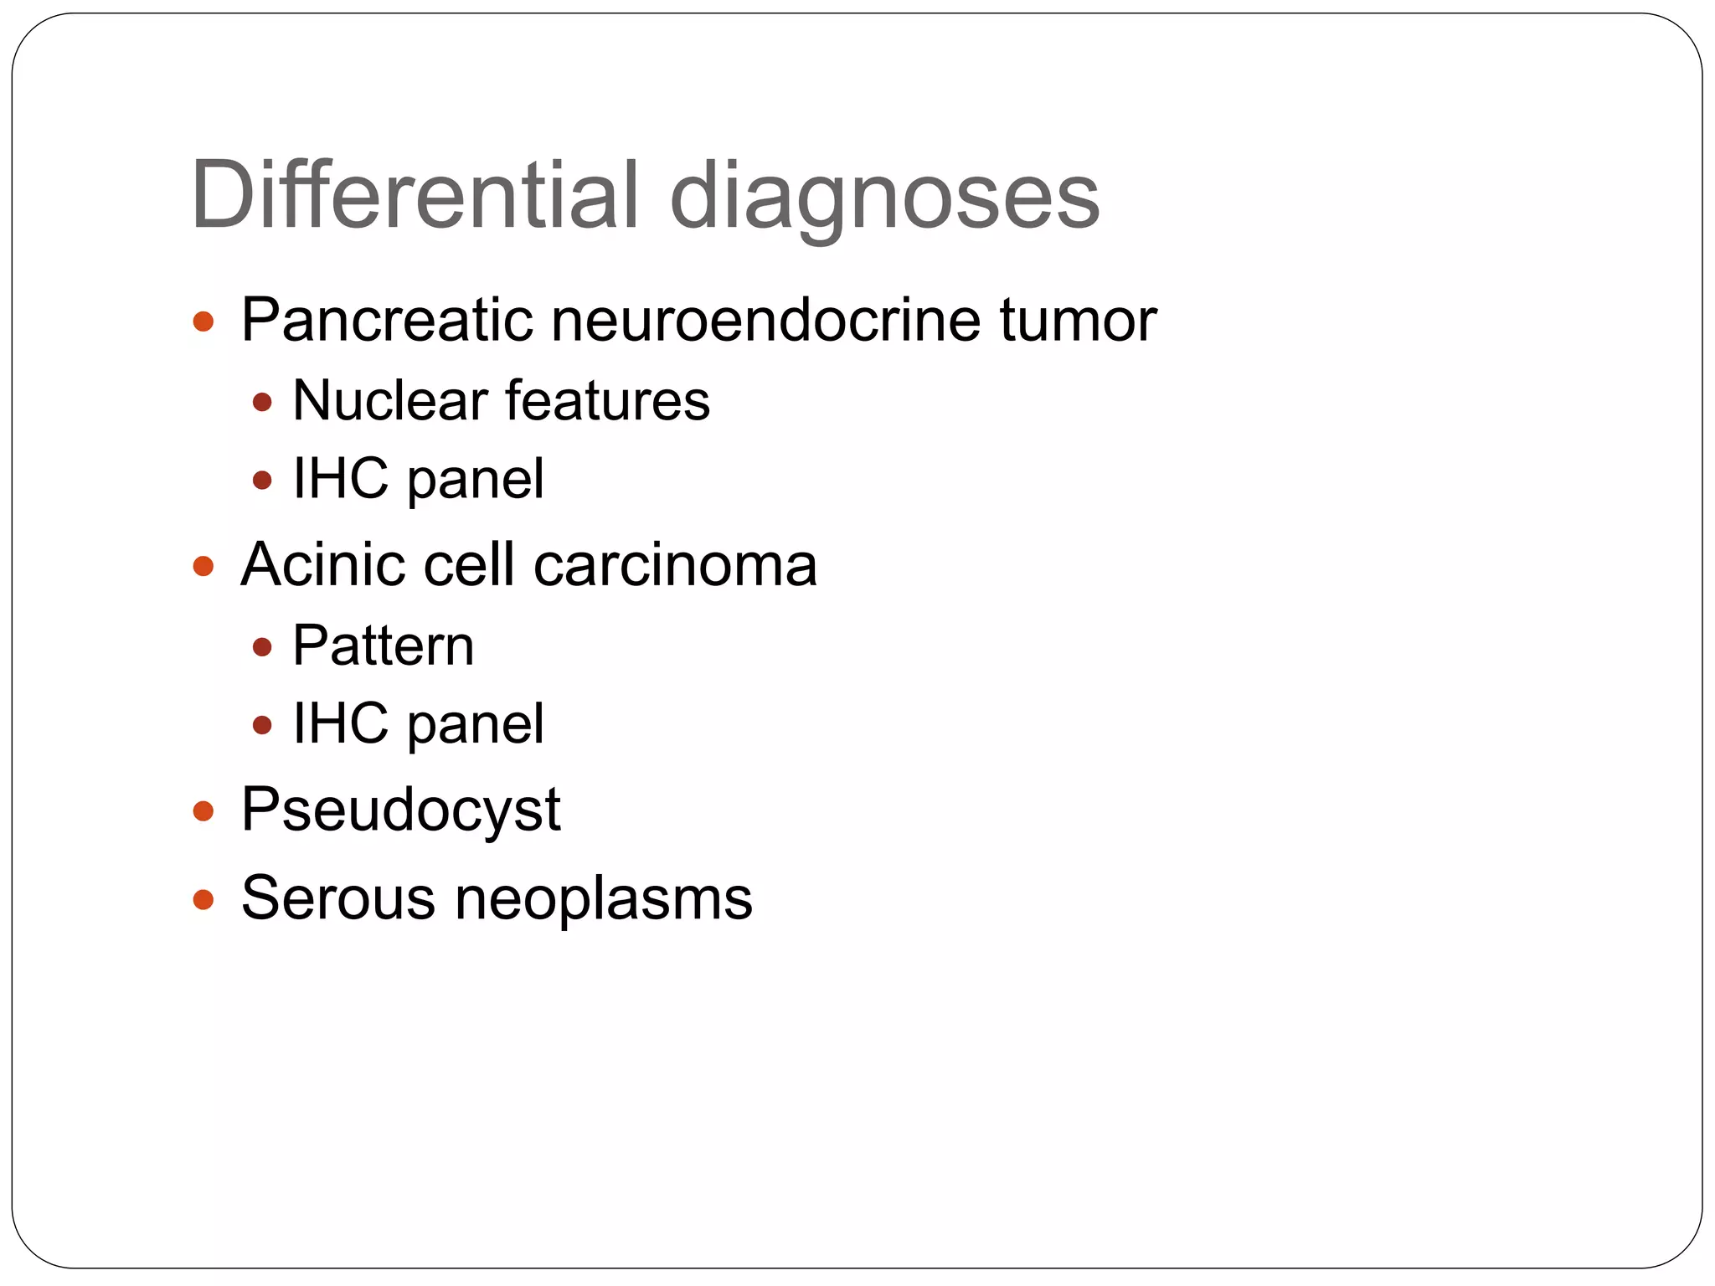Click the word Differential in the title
coord(415,196)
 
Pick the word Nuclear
coord(389,400)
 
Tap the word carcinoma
coord(675,564)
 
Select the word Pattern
coord(384,646)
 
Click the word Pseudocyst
coord(400,810)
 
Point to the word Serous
coord(337,898)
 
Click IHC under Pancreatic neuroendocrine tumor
coord(340,479)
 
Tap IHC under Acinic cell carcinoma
coord(340,723)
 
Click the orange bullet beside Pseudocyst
coord(203,810)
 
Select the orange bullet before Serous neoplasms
coord(203,899)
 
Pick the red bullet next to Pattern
coord(263,646)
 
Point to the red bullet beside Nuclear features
coord(263,402)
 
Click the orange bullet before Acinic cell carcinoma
coord(203,566)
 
